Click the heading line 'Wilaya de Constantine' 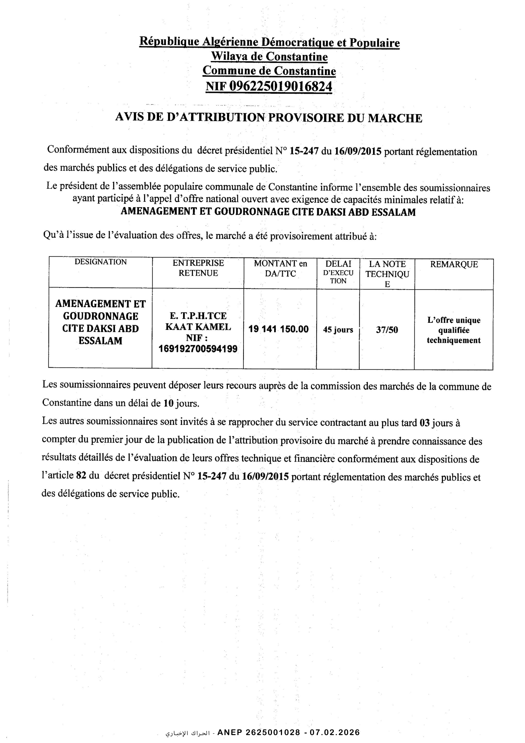pos(269,57)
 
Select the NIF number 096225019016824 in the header pos(280,86)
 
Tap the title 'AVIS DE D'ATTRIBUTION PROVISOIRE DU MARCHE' pos(268,118)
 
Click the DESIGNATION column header pos(101,262)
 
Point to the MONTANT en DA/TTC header pos(280,269)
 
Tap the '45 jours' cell pos(338,330)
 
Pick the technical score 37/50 pos(387,330)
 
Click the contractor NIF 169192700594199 pos(198,349)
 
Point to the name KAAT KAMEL pos(198,327)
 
